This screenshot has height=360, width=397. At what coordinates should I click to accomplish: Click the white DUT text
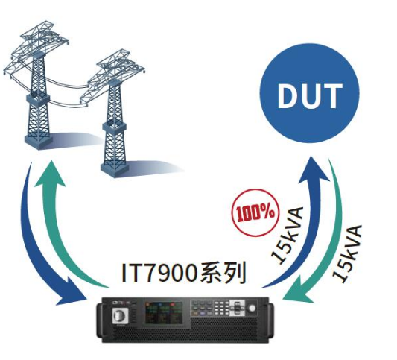pyautogui.click(x=310, y=95)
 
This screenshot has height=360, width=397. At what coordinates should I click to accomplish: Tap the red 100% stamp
pyautogui.click(x=255, y=212)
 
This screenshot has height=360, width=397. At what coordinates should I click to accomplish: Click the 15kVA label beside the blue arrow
pyautogui.click(x=288, y=236)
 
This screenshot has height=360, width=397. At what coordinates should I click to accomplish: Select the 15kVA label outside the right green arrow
pyautogui.click(x=347, y=253)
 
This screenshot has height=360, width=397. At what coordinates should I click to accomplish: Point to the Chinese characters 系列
pyautogui.click(x=223, y=273)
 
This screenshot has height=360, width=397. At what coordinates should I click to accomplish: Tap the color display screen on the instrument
pyautogui.click(x=164, y=312)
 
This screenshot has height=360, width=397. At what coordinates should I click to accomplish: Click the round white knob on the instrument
pyautogui.click(x=252, y=308)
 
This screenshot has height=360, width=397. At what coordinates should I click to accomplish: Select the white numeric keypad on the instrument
pyautogui.click(x=220, y=308)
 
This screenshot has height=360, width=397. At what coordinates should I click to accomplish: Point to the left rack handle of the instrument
pyautogui.click(x=99, y=320)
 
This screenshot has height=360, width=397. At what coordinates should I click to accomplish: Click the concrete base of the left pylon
pyautogui.click(x=39, y=142)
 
